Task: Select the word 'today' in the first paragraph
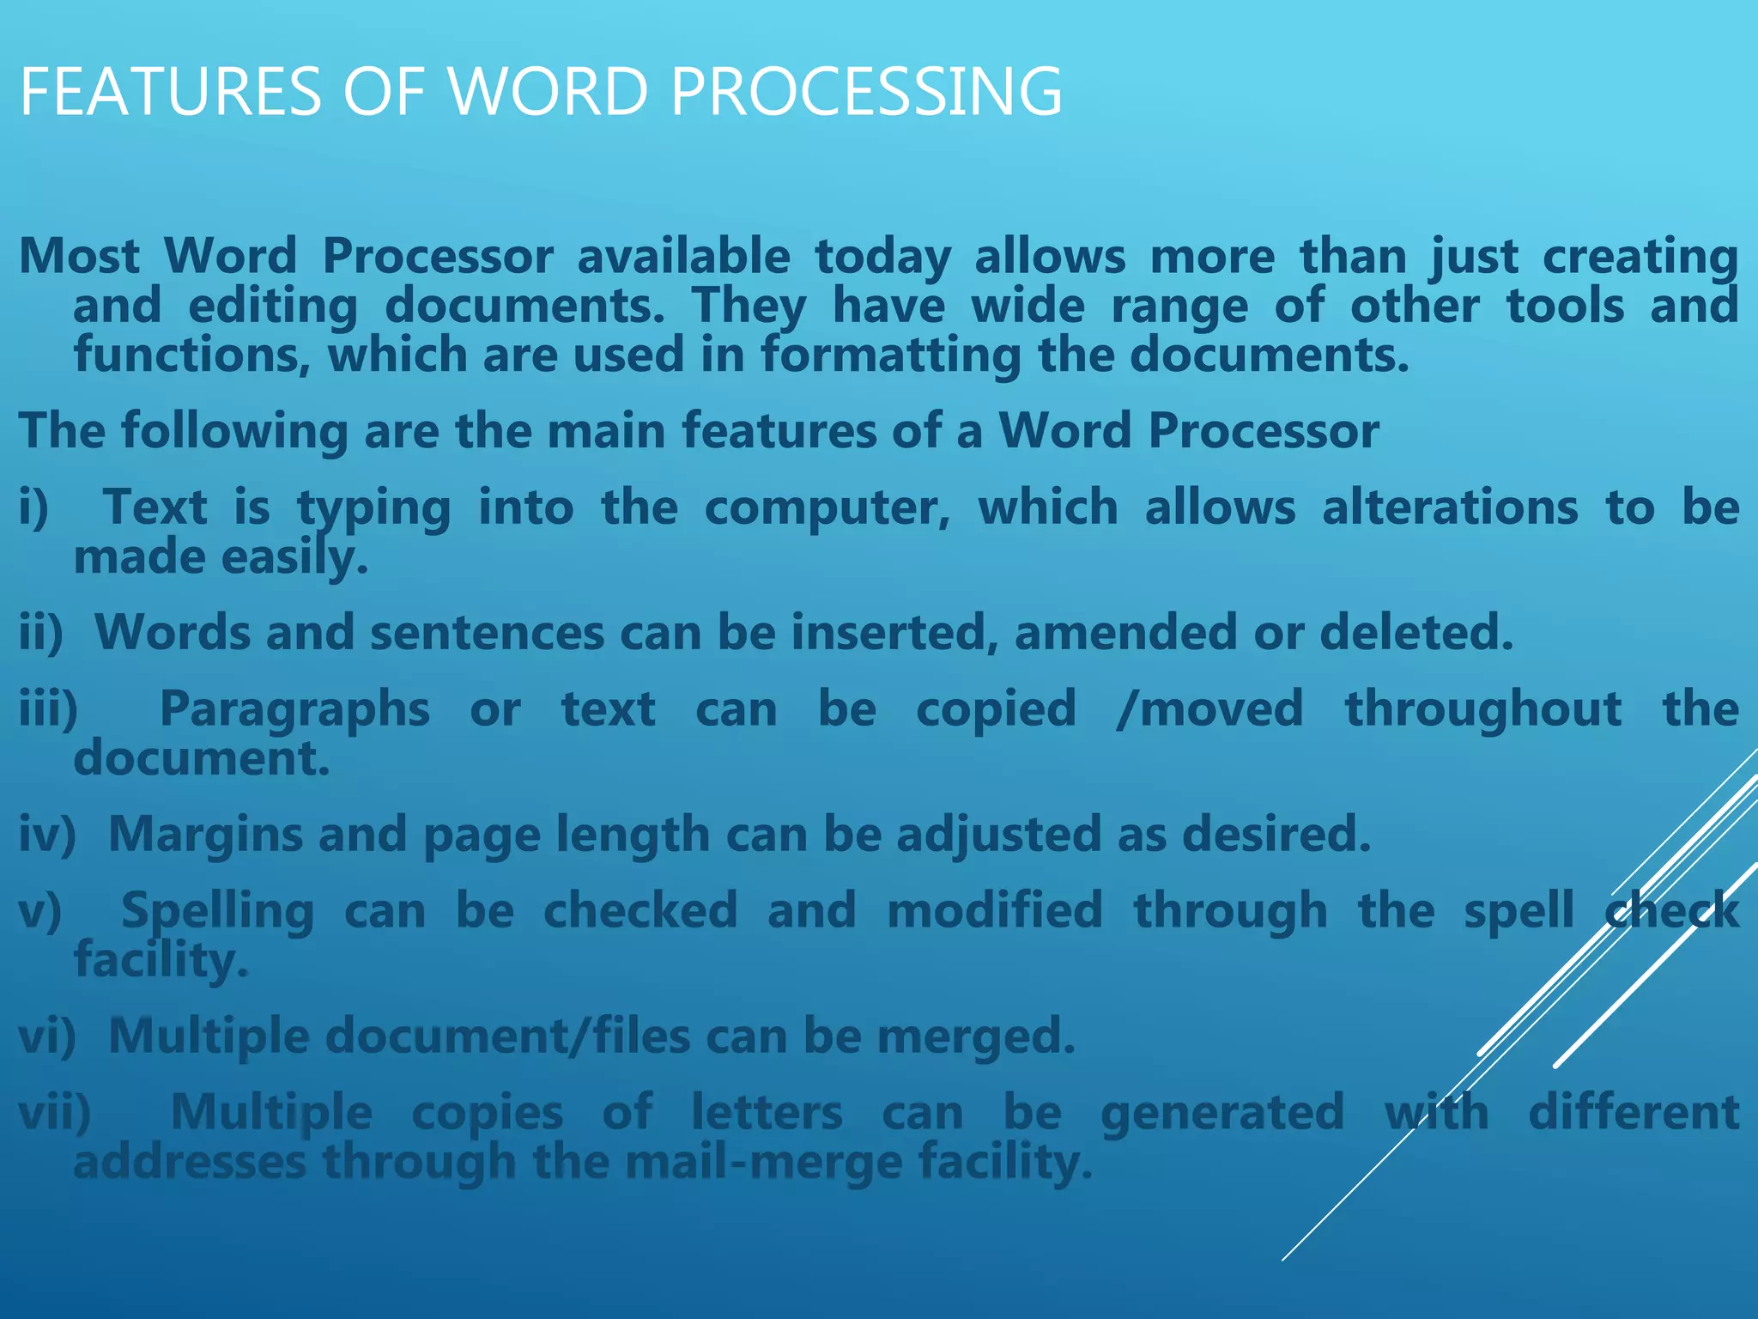point(882,257)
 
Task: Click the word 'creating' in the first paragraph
point(1640,257)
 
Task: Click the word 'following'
point(234,431)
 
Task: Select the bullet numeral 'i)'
point(34,508)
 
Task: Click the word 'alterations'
point(1450,508)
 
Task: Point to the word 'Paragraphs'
point(294,710)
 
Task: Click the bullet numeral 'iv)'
point(48,835)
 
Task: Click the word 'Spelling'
point(218,912)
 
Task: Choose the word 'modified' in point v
point(995,911)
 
